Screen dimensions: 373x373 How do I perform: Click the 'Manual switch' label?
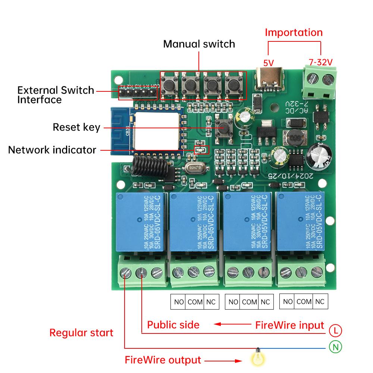click(x=199, y=44)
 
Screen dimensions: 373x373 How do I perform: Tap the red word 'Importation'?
click(x=294, y=32)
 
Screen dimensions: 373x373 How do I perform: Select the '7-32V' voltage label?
click(x=320, y=62)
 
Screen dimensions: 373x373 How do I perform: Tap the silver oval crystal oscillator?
click(x=193, y=169)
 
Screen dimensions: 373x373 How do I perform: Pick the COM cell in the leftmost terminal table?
click(x=195, y=302)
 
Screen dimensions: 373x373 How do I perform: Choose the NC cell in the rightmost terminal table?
click(x=320, y=301)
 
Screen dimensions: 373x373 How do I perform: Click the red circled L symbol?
click(x=335, y=330)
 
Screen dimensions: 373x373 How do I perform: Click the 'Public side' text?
click(x=173, y=325)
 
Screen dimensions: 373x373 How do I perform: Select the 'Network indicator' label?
click(x=52, y=150)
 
